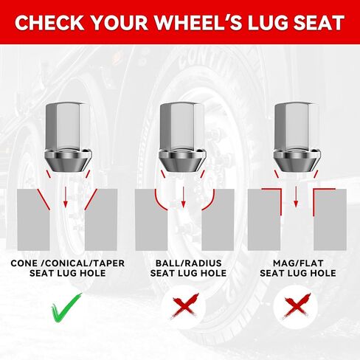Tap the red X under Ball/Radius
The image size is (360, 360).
[x=185, y=306]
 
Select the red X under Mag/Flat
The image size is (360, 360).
[x=297, y=306]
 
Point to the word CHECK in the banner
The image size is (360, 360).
[x=49, y=23]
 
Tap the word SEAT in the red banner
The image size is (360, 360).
[x=318, y=23]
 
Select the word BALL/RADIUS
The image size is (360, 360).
[x=189, y=263]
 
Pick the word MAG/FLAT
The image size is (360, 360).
[x=298, y=263]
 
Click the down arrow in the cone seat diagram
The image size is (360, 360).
[x=65, y=196]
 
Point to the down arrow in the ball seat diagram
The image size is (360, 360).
[x=183, y=196]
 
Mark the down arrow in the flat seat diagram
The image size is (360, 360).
[x=296, y=196]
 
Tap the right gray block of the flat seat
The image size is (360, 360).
[x=330, y=220]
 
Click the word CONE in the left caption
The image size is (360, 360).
[x=24, y=263]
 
